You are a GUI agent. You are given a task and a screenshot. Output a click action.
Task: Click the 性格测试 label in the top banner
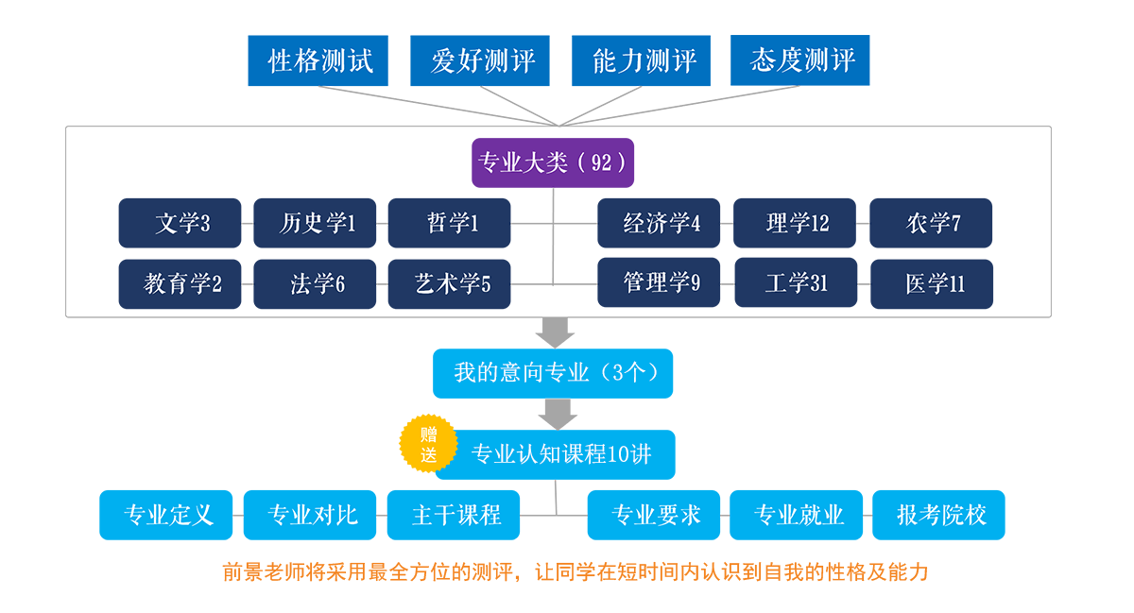[x=320, y=61]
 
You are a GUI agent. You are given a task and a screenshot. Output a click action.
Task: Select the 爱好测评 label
[x=483, y=61]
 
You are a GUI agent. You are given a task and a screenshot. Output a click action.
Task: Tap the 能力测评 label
[x=644, y=61]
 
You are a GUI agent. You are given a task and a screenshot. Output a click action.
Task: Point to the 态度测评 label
[x=802, y=61]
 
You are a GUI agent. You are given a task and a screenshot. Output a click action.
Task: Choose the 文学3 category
[x=182, y=224]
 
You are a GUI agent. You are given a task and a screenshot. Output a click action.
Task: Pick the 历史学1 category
[x=318, y=224]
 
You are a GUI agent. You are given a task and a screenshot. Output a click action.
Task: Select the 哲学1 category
[x=453, y=224]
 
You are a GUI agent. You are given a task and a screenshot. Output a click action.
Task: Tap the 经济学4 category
[x=661, y=224]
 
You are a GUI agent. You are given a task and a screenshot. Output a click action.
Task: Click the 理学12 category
[x=797, y=224]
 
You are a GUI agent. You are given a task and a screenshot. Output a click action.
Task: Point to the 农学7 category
[x=933, y=224]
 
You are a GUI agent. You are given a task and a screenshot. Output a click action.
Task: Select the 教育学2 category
[x=182, y=283]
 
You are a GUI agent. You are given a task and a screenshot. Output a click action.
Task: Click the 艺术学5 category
[x=453, y=283]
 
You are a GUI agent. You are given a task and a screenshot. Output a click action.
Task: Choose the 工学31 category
[x=797, y=283]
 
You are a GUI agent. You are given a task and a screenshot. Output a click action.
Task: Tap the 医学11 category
[x=935, y=283]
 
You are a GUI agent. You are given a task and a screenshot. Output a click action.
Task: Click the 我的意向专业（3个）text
[x=557, y=372]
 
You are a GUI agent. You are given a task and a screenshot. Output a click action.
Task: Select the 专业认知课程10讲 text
[x=561, y=454]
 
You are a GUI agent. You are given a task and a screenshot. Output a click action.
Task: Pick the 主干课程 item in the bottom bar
[x=456, y=516]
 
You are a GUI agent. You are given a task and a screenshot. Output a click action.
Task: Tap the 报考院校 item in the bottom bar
[x=941, y=516]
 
